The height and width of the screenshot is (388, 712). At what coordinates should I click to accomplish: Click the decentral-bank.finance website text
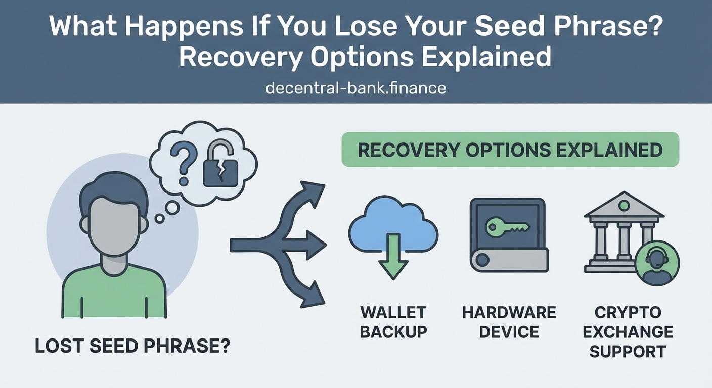pos(355,88)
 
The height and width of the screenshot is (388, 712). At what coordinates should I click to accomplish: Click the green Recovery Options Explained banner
pos(510,150)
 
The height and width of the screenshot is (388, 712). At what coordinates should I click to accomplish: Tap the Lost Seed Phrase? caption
pos(132,346)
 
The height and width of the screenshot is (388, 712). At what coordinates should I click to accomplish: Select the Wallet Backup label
pos(393,322)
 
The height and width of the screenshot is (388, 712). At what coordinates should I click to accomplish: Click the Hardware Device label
pos(509,322)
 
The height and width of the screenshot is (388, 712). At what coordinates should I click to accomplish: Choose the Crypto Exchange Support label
pos(628,331)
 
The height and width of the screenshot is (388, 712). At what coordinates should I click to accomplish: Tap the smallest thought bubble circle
pos(160,218)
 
